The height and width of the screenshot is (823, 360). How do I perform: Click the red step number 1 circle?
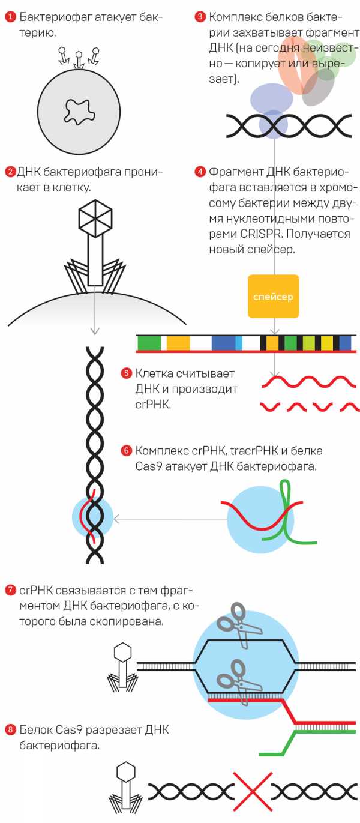click(x=10, y=17)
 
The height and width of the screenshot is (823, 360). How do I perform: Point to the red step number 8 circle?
click(x=10, y=730)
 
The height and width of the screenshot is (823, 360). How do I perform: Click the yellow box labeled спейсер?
click(x=273, y=296)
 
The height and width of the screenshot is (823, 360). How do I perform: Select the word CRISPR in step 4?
click(x=257, y=234)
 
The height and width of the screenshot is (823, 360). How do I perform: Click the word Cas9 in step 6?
click(x=148, y=466)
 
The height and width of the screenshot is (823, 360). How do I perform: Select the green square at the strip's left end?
click(x=149, y=343)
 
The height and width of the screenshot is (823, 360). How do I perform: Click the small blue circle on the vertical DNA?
click(x=92, y=517)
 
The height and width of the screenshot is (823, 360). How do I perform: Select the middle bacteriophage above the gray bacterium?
click(x=79, y=58)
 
